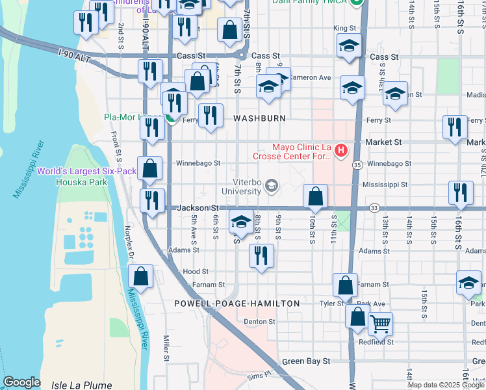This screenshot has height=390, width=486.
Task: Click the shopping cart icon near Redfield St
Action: tap(380, 323)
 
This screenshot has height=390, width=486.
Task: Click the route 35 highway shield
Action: tap(358, 166)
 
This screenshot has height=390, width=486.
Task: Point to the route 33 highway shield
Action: tap(374, 208)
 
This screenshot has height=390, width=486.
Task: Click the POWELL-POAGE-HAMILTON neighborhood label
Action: tap(237, 304)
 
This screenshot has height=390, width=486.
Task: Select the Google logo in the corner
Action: tap(22, 382)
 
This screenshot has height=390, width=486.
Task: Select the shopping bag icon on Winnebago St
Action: tap(150, 168)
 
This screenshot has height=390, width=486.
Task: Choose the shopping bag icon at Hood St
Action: tap(142, 276)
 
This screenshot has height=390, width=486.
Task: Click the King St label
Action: tap(344, 29)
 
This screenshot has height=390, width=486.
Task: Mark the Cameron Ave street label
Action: tap(311, 77)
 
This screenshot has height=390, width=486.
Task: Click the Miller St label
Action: tap(166, 348)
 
